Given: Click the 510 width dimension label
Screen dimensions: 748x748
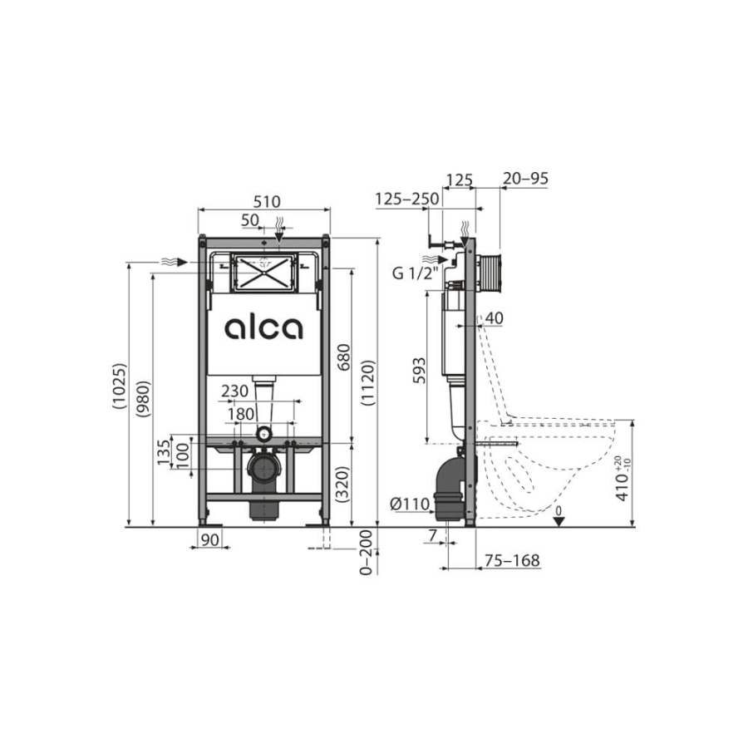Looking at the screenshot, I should [x=267, y=201].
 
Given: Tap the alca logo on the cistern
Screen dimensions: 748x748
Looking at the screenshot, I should [x=263, y=329].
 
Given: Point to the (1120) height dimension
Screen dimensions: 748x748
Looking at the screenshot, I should [x=368, y=382].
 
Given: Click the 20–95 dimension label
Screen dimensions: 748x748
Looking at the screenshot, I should [x=525, y=179].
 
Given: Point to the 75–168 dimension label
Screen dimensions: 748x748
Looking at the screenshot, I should [x=512, y=561].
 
